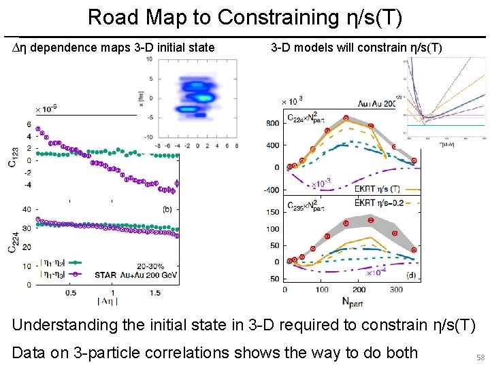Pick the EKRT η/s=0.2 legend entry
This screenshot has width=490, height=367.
coord(382,203)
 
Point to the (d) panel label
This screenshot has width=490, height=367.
coord(412,275)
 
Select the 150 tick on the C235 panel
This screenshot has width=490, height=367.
coord(273,213)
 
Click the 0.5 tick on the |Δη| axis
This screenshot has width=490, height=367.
coord(70,292)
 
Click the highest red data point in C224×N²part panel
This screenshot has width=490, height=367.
coord(346,118)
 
